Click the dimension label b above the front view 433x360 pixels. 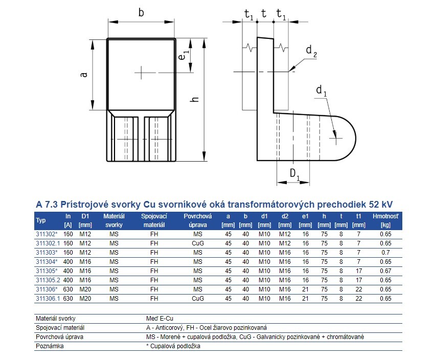(x=141, y=13)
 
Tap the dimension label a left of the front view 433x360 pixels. (x=84, y=75)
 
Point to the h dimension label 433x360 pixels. (x=195, y=99)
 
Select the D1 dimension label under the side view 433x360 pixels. (x=294, y=174)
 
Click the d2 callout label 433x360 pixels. (x=311, y=51)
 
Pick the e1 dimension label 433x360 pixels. (x=184, y=55)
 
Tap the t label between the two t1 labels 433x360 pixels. (x=264, y=13)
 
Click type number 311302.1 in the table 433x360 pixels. (x=48, y=243)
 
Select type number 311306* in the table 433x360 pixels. (x=47, y=289)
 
